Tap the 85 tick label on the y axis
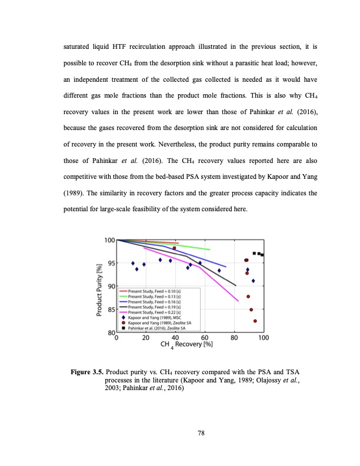click(110, 309)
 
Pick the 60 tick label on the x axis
click(205, 338)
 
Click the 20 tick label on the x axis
click(145, 338)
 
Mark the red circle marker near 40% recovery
click(174, 248)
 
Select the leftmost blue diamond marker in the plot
click(133, 263)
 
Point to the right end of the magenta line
click(238, 301)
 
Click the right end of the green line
click(210, 249)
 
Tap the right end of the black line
click(236, 285)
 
